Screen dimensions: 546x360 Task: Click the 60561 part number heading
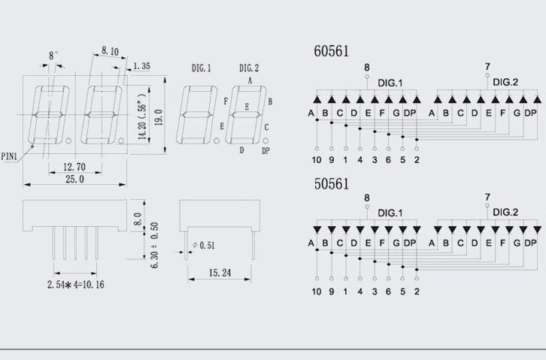click(331, 51)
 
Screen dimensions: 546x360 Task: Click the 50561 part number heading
click(331, 183)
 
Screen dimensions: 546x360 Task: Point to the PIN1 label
click(9, 156)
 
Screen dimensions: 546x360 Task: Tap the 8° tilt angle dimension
click(53, 56)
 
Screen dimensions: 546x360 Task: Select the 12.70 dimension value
click(74, 167)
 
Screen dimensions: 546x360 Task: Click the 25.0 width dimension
click(74, 179)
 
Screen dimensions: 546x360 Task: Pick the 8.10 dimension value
click(110, 51)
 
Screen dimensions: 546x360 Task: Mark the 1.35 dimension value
click(141, 65)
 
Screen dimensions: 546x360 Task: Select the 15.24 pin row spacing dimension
click(220, 273)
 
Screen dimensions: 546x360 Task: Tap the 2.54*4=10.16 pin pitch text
click(75, 285)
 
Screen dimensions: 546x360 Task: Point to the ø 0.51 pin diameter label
click(204, 245)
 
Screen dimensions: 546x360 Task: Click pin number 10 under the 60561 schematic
click(317, 159)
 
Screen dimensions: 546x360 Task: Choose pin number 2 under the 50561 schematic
click(417, 292)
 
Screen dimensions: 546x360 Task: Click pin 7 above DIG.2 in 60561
click(487, 66)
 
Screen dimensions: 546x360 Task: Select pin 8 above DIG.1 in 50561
click(367, 198)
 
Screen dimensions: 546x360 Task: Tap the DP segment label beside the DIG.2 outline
click(265, 151)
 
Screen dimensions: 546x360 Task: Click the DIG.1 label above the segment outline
click(202, 68)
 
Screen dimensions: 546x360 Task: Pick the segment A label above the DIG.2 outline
click(250, 81)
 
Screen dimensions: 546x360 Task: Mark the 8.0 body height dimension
click(137, 219)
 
